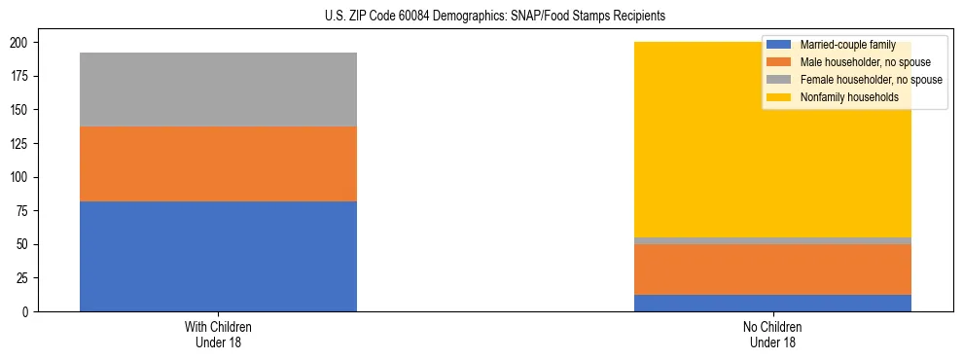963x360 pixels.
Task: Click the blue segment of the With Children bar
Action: tap(218, 256)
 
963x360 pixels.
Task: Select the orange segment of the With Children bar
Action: tap(218, 163)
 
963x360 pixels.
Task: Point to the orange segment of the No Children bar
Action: tap(772, 270)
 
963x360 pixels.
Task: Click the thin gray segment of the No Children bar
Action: tap(772, 240)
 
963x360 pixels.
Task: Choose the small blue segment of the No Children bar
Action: tap(772, 303)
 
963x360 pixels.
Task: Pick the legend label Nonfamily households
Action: tap(842, 97)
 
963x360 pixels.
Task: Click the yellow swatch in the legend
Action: tap(779, 97)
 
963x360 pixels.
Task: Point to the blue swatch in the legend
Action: tap(779, 45)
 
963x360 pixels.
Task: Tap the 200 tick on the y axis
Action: tap(24, 43)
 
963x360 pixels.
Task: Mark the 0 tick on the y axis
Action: tap(30, 312)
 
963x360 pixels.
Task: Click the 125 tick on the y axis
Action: tap(24, 144)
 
